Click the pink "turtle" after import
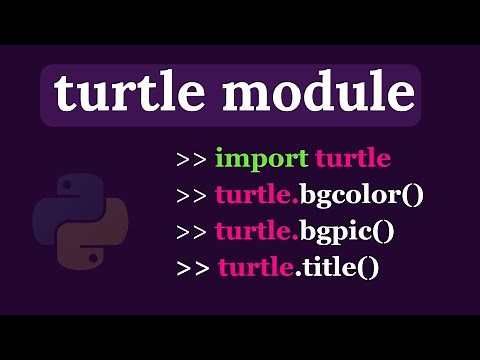352,158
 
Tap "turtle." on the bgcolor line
257,195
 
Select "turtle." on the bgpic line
257,232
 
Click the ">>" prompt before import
192,159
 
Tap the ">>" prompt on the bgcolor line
192,195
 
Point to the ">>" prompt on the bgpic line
192,232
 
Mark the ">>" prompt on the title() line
194,268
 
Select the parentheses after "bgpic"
384,232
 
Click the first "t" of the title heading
63,94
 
